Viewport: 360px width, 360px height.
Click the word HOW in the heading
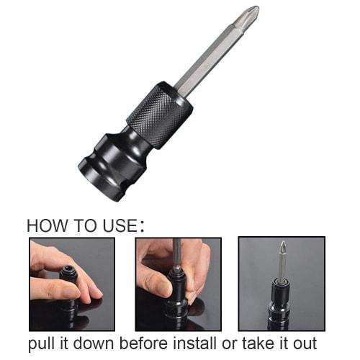coord(45,225)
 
